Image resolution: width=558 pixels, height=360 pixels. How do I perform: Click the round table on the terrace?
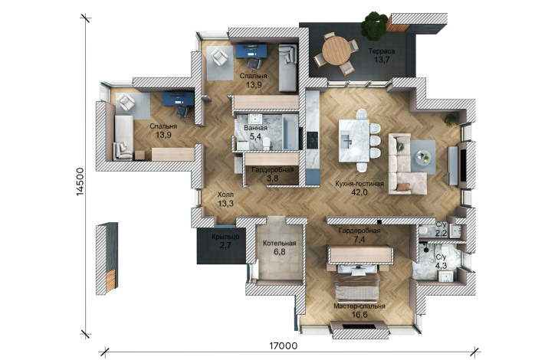[336, 50]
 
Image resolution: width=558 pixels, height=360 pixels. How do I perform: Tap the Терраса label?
[382, 51]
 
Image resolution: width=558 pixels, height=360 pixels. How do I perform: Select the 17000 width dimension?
[284, 345]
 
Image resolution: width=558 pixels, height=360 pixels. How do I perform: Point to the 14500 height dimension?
[80, 182]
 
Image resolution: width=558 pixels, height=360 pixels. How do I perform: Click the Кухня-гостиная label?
[359, 184]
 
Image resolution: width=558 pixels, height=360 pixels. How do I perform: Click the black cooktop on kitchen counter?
[313, 140]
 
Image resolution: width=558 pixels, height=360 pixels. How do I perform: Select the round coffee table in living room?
[422, 156]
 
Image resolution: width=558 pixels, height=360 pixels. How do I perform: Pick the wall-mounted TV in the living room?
[464, 165]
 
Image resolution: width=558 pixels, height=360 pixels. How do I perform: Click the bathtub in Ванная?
[290, 133]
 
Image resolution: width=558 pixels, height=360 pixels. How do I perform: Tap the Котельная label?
[279, 244]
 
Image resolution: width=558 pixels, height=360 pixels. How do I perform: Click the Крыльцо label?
[225, 237]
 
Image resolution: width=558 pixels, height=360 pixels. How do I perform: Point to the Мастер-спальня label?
[359, 306]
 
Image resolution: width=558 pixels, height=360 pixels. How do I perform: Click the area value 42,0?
[359, 192]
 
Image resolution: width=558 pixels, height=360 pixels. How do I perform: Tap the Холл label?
[225, 195]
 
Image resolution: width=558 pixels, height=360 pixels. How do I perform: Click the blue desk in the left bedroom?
[179, 99]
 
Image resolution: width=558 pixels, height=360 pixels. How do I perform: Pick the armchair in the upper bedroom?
[219, 57]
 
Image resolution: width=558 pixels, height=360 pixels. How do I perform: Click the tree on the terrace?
[374, 25]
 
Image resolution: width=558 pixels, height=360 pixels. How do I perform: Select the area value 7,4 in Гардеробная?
[359, 240]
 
